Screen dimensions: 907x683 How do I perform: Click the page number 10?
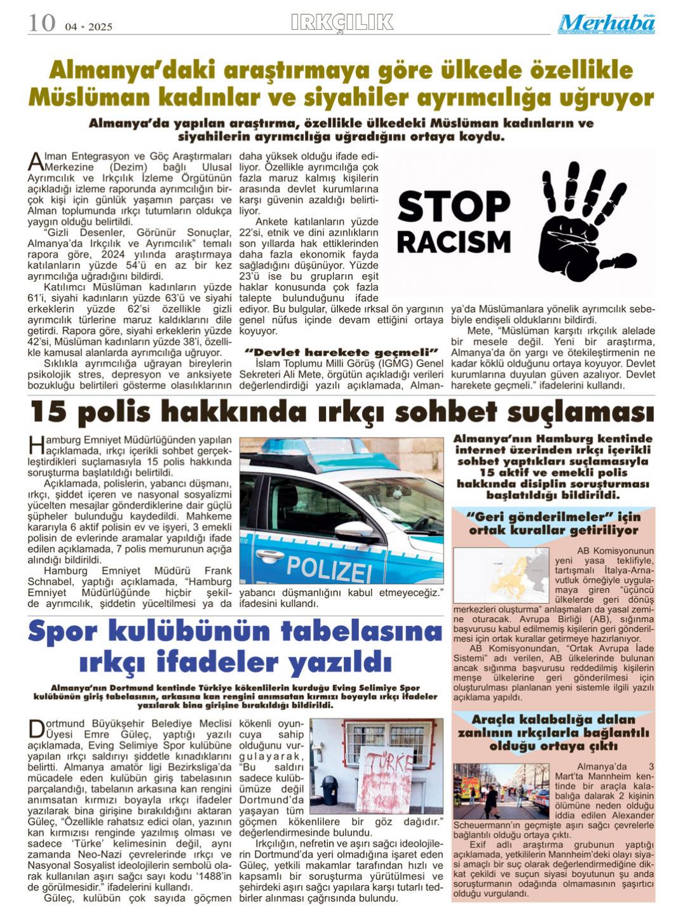[x=41, y=24]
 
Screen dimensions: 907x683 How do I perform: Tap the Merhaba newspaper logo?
[x=607, y=24]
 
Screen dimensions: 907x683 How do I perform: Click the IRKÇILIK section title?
[x=342, y=23]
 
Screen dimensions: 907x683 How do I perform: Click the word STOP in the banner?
[x=454, y=207]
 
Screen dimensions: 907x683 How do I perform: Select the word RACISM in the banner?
[x=454, y=242]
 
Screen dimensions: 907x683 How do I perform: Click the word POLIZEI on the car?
[x=328, y=564]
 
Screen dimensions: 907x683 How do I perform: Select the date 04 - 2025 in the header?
[x=88, y=27]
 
